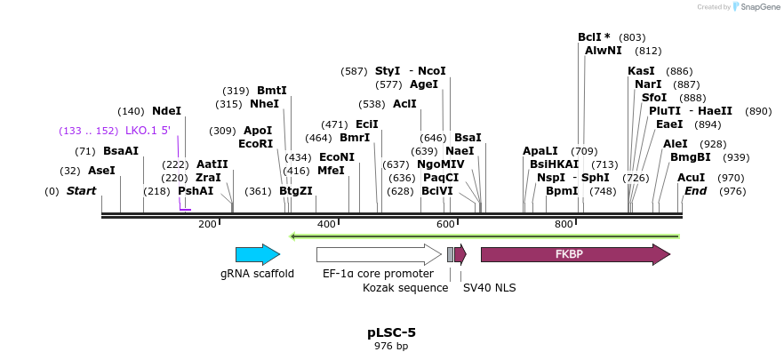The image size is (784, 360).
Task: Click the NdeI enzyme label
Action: [166, 111]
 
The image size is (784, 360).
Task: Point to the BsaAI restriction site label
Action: [121, 151]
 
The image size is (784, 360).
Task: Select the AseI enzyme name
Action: [101, 171]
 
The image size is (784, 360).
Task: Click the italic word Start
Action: [81, 191]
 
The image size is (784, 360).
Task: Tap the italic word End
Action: [695, 191]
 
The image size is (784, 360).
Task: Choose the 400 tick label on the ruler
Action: [326, 225]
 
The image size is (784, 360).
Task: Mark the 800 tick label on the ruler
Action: [564, 225]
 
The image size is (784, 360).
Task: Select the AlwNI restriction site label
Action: [603, 51]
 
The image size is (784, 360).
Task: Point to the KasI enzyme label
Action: [641, 71]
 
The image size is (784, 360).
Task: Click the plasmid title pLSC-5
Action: [391, 332]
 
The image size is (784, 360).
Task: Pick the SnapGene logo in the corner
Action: [756, 7]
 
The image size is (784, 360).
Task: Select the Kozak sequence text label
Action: [405, 287]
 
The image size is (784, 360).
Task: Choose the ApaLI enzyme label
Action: [540, 151]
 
